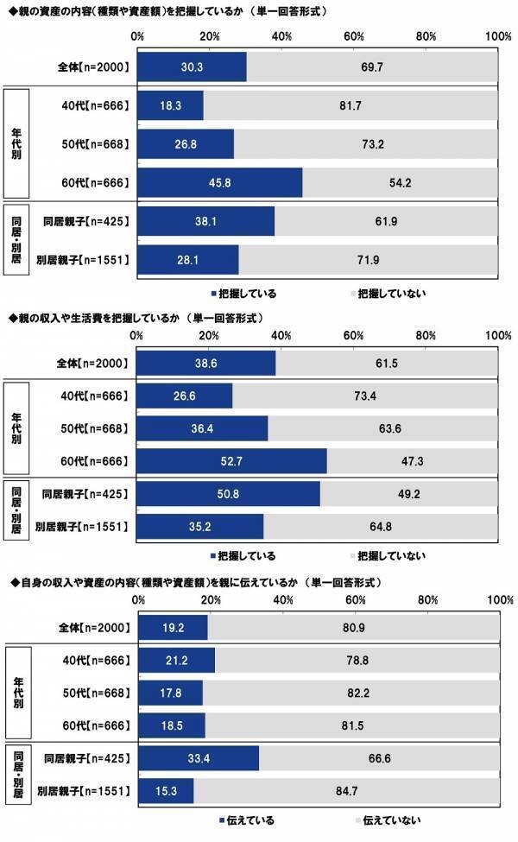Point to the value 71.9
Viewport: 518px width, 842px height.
coord(369,258)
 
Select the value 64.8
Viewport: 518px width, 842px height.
coord(381,526)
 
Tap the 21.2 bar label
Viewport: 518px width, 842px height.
coord(176,661)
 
